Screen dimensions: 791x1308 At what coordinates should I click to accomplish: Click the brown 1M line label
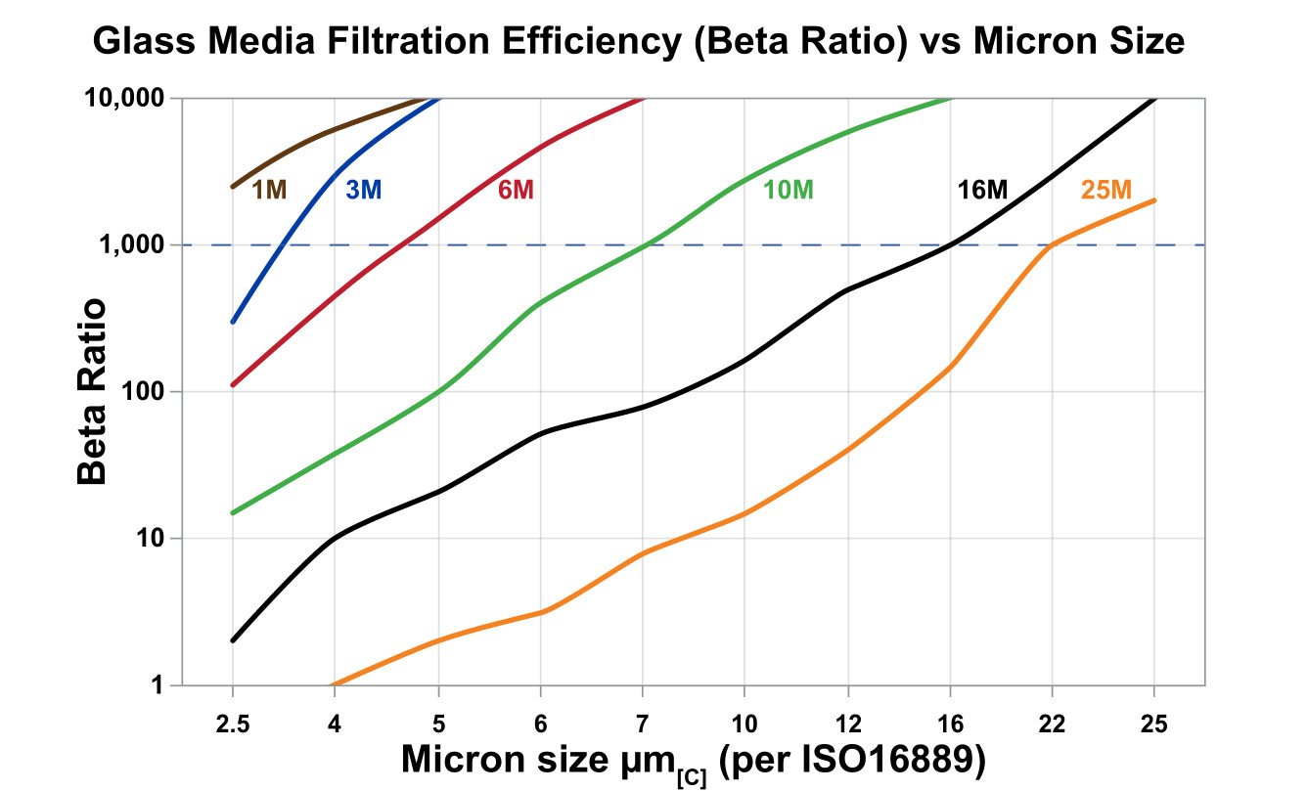point(270,190)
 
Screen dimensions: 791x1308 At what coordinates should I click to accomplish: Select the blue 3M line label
point(363,190)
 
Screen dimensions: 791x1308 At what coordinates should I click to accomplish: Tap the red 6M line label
point(516,190)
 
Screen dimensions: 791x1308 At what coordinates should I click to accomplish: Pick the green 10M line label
point(789,190)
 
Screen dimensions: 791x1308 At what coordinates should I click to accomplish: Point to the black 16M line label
point(982,190)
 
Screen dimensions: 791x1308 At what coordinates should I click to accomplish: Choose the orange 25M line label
point(1106,190)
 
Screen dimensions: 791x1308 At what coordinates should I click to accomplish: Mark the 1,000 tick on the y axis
point(134,245)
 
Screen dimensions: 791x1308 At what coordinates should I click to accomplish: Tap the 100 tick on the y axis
point(143,392)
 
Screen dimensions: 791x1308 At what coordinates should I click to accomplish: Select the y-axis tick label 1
point(157,685)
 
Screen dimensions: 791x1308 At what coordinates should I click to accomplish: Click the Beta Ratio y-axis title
point(93,392)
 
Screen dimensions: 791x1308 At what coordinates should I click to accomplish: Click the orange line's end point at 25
point(1154,200)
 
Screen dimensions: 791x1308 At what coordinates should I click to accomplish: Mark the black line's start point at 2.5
point(232,640)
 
